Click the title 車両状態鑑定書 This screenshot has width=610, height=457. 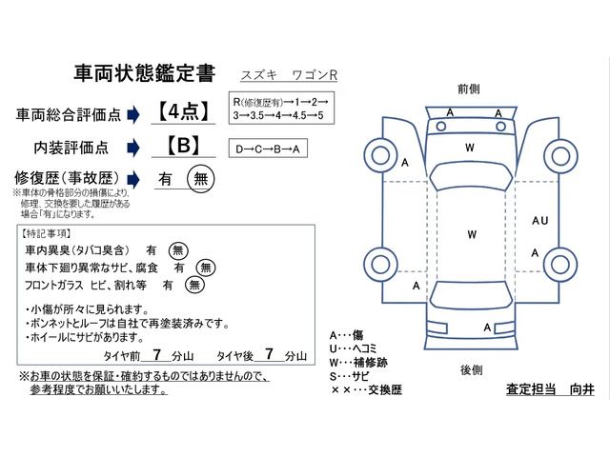pos(143,74)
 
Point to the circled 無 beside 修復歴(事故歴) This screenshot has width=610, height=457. pos(200,178)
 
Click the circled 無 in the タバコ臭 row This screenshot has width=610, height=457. pos(178,249)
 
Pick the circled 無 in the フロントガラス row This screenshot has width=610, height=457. pos(194,284)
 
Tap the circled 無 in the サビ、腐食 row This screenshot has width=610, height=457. pos(204,267)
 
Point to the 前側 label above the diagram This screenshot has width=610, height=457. pos(468,88)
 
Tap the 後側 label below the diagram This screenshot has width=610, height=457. pos(470,369)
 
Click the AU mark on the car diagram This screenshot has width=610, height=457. pos(539,221)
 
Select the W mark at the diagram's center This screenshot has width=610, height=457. pos(470,233)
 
